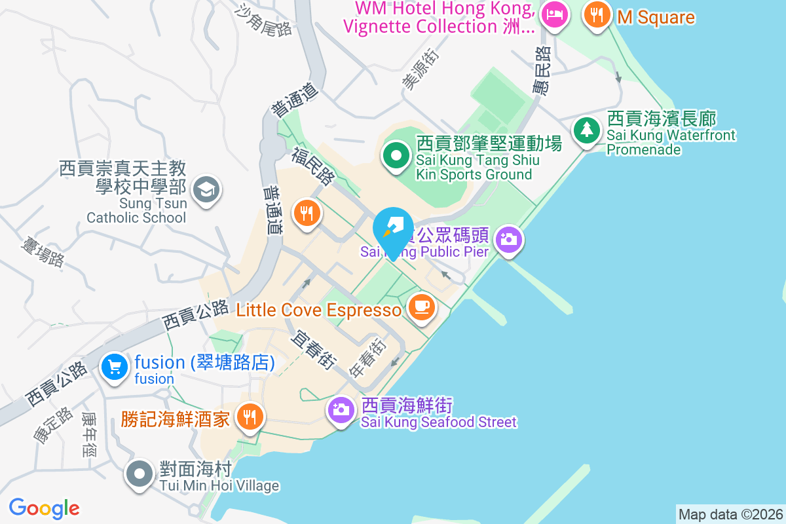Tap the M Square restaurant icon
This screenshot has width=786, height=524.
click(x=596, y=14)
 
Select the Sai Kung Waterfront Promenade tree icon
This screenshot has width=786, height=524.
click(x=586, y=129)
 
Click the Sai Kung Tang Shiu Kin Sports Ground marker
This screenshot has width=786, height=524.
click(x=396, y=157)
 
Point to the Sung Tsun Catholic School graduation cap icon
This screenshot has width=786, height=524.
click(x=206, y=191)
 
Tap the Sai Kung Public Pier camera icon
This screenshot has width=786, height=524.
click(x=508, y=239)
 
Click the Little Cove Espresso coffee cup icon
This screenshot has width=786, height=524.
click(x=421, y=307)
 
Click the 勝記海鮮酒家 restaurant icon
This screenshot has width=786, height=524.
click(x=249, y=415)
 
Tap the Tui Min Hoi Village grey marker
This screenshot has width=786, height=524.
click(x=140, y=474)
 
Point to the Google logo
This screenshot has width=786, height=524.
click(x=44, y=508)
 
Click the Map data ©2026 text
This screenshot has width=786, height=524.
click(x=730, y=514)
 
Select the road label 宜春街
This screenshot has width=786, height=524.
click(x=314, y=349)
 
